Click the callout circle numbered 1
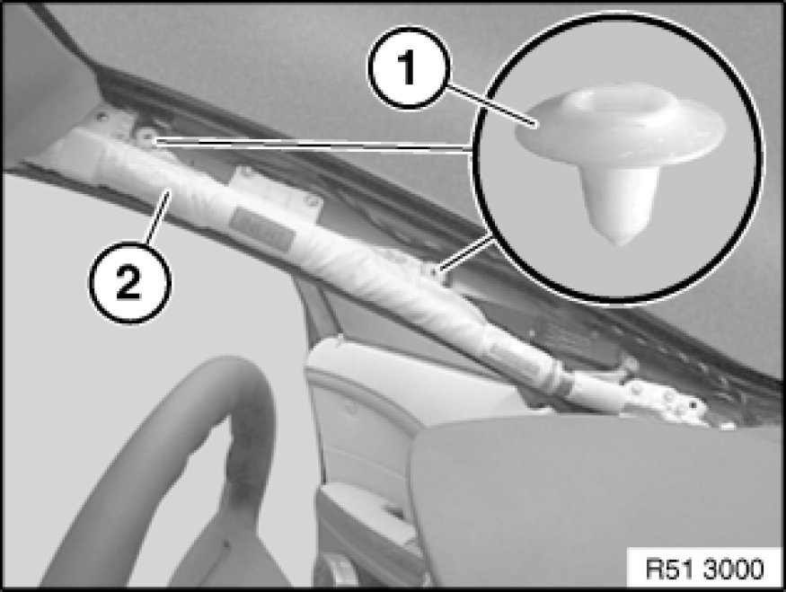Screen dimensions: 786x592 click(409, 67)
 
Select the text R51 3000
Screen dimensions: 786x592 click(705, 569)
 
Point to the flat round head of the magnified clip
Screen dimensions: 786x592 click(621, 123)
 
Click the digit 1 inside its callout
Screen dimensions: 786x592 click(408, 68)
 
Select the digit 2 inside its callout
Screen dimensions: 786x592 click(128, 283)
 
